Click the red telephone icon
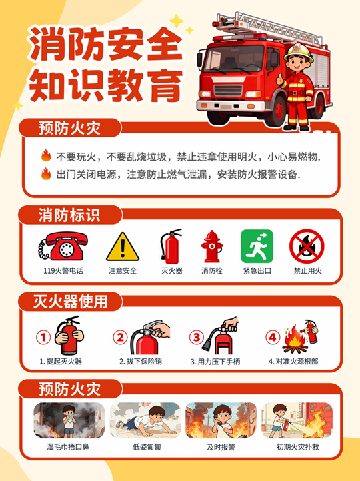(x=63, y=246)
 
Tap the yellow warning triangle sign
(x=123, y=247)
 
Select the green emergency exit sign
(x=257, y=246)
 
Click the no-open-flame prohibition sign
(x=307, y=246)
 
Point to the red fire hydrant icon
(x=212, y=246)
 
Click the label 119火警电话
(x=63, y=271)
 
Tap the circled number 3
(x=197, y=338)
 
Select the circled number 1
(x=43, y=338)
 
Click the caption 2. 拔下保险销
(x=141, y=361)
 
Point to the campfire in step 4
(x=295, y=340)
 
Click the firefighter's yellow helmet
(x=299, y=52)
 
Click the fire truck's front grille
(x=228, y=91)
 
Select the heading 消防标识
(x=69, y=215)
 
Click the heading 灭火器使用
(x=70, y=302)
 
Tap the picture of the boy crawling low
(x=145, y=420)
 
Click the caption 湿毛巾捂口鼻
(x=68, y=447)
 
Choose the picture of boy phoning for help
(x=221, y=420)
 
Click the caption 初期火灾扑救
(x=298, y=447)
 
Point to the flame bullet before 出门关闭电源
(x=46, y=173)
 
